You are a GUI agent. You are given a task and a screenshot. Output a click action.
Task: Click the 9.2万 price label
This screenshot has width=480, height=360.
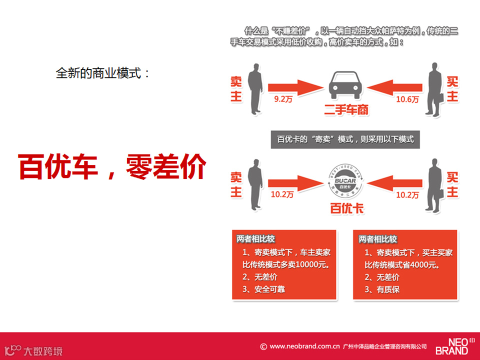coord(283,99)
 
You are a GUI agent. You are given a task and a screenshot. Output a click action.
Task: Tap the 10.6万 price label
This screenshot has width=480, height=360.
coord(407,99)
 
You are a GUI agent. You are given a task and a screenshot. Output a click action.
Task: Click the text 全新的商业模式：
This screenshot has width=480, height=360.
coord(103,73)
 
